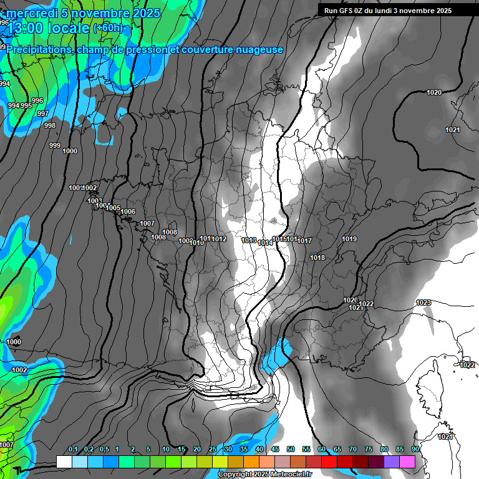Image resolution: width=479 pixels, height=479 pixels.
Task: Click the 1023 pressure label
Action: (423, 302)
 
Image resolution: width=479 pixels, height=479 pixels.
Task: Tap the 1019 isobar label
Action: (349, 239)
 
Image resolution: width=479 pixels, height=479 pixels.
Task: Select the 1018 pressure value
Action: (317, 258)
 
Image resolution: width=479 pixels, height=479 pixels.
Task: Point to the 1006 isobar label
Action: (128, 211)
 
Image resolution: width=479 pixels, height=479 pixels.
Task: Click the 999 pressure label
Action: (55, 145)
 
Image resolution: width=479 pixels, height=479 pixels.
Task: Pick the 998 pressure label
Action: (50, 125)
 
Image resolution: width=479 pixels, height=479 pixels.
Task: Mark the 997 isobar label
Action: (42, 114)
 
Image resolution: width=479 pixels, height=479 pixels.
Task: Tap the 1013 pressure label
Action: (249, 240)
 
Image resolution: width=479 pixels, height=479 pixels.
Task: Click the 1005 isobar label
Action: (113, 208)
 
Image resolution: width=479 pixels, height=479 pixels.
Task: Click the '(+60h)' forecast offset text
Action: (108, 28)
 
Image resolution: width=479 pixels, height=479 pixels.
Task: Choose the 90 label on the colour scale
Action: (415, 449)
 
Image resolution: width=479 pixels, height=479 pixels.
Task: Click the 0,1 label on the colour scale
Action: (72, 449)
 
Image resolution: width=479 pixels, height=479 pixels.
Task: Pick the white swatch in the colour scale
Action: (64, 462)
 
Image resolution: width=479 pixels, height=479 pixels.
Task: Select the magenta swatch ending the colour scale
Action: (407, 462)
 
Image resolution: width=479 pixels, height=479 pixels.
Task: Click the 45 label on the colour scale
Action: (275, 449)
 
